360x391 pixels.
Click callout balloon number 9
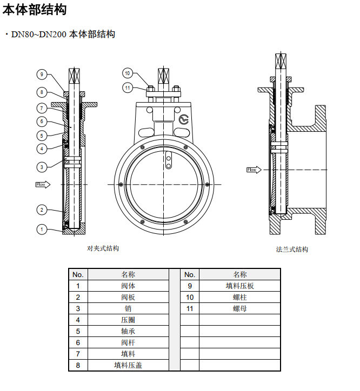[x=42, y=74]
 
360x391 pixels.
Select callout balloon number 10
[x=128, y=73]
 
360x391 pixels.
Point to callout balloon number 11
[x=128, y=87]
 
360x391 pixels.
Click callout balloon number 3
[x=42, y=166]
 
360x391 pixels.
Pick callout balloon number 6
[x=42, y=121]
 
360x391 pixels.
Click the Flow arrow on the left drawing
[x=43, y=185]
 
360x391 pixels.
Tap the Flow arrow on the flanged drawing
[x=253, y=170]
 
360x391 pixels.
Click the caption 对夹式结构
[x=103, y=248]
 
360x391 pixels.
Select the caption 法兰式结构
[x=292, y=249]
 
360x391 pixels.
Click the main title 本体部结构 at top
[x=35, y=9]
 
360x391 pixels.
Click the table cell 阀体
[x=128, y=286]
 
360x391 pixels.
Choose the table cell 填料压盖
[x=128, y=365]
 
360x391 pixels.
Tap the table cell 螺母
[x=240, y=308]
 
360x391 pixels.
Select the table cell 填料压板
[x=240, y=286]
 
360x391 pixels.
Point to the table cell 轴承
[x=128, y=331]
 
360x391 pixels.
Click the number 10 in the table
[x=189, y=297]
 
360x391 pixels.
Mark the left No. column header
[x=78, y=274]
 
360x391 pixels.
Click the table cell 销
[x=128, y=308]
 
